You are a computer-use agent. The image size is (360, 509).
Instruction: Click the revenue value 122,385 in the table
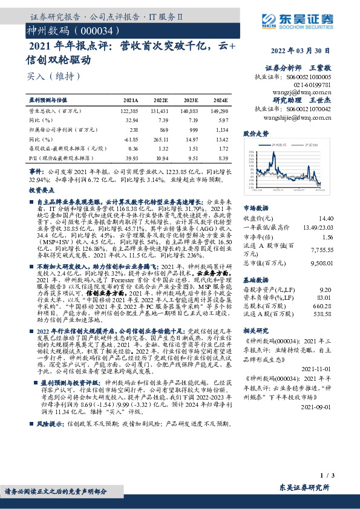click(x=129, y=112)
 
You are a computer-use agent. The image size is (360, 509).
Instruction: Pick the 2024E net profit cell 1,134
click(x=221, y=130)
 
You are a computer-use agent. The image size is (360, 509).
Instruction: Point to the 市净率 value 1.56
click(x=326, y=238)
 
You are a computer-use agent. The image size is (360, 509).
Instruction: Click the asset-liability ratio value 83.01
click(x=324, y=297)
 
